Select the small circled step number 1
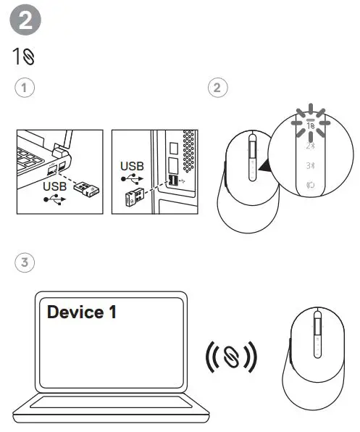tap(25, 88)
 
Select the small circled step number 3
tap(25, 262)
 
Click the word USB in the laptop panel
tap(56, 186)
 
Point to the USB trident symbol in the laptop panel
tap(56, 199)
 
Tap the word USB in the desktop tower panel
tap(132, 166)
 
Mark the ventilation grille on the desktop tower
tap(190, 148)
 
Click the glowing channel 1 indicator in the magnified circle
tap(309, 125)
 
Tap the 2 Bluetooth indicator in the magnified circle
tap(309, 145)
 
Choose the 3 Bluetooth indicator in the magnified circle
tap(309, 165)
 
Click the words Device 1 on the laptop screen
tap(81, 312)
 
